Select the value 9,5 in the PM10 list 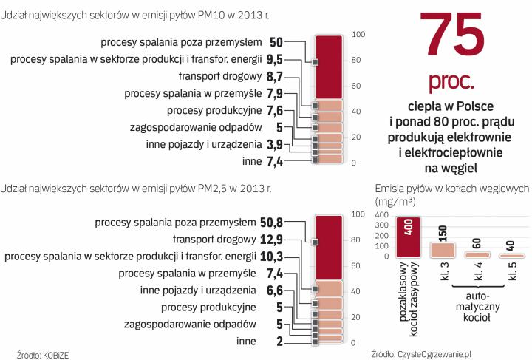pyautogui.click(x=274, y=59)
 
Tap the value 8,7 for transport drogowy pyautogui.click(x=274, y=76)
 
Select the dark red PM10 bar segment pyautogui.click(x=328, y=67)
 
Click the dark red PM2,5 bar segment pyautogui.click(x=328, y=247)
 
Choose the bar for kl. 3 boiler pyautogui.click(x=443, y=249)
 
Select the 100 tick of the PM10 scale pyautogui.click(x=358, y=34)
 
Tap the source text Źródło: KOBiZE pyautogui.click(x=44, y=353)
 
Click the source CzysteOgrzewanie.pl pyautogui.click(x=423, y=353)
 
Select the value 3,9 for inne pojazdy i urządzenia pyautogui.click(x=274, y=143)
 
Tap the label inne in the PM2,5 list pyautogui.click(x=246, y=341)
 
